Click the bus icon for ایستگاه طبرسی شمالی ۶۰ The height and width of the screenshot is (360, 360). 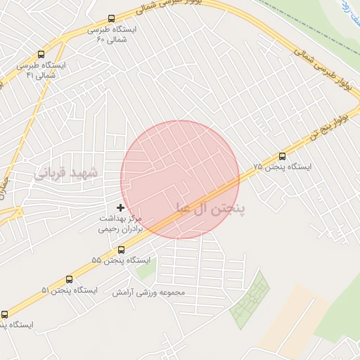tap(111, 19)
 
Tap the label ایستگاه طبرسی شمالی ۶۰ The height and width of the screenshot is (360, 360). tap(112, 34)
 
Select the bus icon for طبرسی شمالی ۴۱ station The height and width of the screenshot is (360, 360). tap(41, 54)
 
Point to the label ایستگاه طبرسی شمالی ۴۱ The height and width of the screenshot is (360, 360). tap(41, 69)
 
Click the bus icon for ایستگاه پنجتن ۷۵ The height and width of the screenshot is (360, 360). tap(283, 157)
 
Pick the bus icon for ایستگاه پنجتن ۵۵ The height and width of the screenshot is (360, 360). tap(122, 250)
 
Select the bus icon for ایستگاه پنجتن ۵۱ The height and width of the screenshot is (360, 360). tap(69, 279)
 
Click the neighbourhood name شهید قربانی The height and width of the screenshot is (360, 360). tap(69, 172)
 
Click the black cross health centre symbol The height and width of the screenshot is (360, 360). tap(121, 207)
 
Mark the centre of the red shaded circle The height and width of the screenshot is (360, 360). tap(180, 179)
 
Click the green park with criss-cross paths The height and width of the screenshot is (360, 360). tap(250, 299)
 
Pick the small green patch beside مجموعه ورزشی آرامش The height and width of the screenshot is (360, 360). tap(144, 271)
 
